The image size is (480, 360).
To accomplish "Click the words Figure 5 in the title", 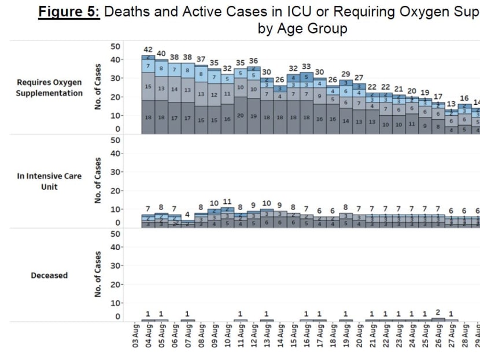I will tap(69, 12).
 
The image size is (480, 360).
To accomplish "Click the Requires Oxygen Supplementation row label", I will tap(49, 88).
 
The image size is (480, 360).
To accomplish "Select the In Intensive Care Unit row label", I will tap(49, 181).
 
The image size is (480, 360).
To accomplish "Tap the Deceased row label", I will tap(49, 275).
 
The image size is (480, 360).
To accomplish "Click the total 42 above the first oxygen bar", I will tap(148, 50).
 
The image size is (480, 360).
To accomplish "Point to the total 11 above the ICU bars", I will tap(227, 202).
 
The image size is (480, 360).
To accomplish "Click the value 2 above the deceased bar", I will tap(438, 313).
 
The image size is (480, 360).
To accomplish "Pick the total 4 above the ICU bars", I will tap(187, 214).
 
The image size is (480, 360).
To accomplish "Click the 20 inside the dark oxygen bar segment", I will tap(240, 116).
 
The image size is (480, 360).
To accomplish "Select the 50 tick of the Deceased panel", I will tap(115, 234).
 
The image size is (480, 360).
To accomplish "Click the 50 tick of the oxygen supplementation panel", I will tap(115, 46).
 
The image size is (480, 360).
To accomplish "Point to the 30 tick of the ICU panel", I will tap(115, 172).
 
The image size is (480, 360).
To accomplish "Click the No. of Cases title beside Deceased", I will tap(98, 275).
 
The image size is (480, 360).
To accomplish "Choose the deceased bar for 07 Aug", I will tap(187, 319).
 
